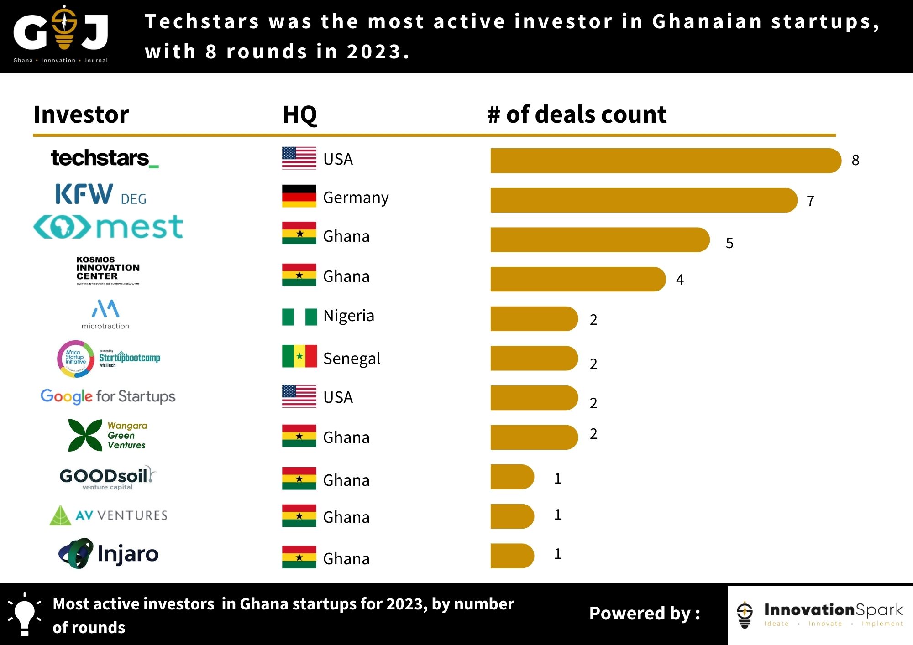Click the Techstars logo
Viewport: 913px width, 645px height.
pos(105,158)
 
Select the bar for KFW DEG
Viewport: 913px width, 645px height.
pos(643,200)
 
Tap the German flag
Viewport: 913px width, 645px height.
pos(299,196)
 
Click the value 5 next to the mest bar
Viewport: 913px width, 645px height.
pos(729,243)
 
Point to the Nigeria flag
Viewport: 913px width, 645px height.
pos(299,317)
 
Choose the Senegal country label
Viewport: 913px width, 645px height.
pos(352,359)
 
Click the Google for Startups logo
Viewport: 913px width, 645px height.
pos(108,396)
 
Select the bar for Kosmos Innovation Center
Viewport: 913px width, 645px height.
pos(577,279)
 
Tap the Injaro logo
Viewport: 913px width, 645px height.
pos(109,553)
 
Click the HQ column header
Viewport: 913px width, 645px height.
pos(299,114)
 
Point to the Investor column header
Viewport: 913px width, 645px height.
pos(81,114)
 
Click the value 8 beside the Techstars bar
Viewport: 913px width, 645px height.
pos(855,160)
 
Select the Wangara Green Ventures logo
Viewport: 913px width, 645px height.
pos(108,436)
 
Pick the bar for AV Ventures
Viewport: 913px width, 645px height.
pos(512,516)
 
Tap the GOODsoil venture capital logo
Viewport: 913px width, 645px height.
pos(108,478)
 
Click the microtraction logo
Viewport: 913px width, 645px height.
pos(105,314)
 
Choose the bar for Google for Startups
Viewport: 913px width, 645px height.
pos(534,398)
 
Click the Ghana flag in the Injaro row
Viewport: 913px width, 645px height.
pos(299,557)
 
